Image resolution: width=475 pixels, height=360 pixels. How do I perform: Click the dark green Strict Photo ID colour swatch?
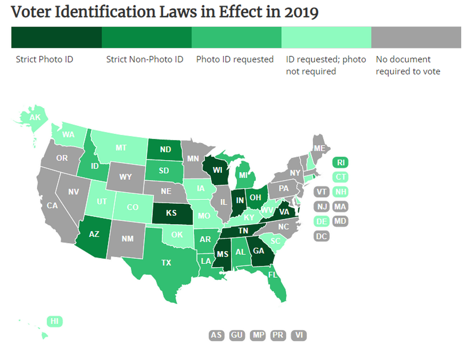click(x=56, y=37)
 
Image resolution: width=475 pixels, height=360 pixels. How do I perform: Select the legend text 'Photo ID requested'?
click(x=235, y=59)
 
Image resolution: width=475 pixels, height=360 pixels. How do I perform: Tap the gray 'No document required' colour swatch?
click(x=416, y=37)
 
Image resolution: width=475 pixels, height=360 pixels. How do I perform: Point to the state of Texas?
click(x=166, y=262)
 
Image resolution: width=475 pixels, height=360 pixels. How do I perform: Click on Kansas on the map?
click(x=171, y=213)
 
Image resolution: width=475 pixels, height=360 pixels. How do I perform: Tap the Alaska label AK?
click(x=35, y=117)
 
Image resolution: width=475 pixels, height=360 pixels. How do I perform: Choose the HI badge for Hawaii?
click(x=54, y=321)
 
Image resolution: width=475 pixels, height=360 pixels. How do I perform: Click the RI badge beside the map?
click(x=340, y=162)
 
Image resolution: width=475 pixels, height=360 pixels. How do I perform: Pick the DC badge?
click(x=321, y=236)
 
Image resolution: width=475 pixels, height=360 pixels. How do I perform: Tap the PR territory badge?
click(x=278, y=335)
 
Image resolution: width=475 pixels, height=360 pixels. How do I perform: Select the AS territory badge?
click(x=216, y=335)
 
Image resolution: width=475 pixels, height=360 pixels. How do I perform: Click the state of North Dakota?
click(x=165, y=149)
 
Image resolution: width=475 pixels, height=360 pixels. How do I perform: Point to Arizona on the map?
click(x=94, y=234)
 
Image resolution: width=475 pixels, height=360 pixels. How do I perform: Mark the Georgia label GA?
click(x=258, y=251)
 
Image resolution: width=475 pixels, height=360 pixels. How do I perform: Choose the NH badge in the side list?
click(x=340, y=192)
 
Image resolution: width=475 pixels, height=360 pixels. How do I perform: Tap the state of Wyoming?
click(x=125, y=177)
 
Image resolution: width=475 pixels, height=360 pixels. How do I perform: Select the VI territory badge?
click(x=298, y=335)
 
